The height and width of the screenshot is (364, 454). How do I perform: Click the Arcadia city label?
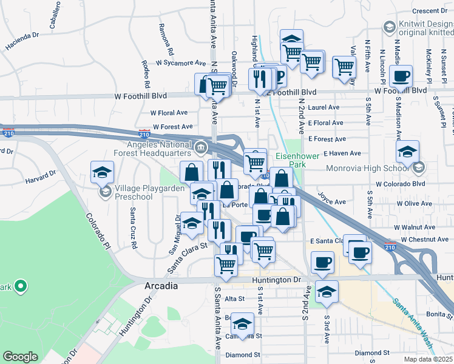coord(161,286)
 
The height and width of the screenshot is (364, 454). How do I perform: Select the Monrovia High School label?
coord(370,168)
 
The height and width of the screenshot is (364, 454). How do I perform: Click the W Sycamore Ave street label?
coord(181,62)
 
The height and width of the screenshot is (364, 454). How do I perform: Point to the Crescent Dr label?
coord(429,10)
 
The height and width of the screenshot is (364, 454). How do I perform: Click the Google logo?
coord(20,357)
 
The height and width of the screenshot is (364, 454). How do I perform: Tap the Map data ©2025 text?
coord(429,359)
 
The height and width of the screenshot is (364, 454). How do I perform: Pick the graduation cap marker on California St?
coord(242,325)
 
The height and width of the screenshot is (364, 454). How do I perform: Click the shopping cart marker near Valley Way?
coord(344,67)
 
